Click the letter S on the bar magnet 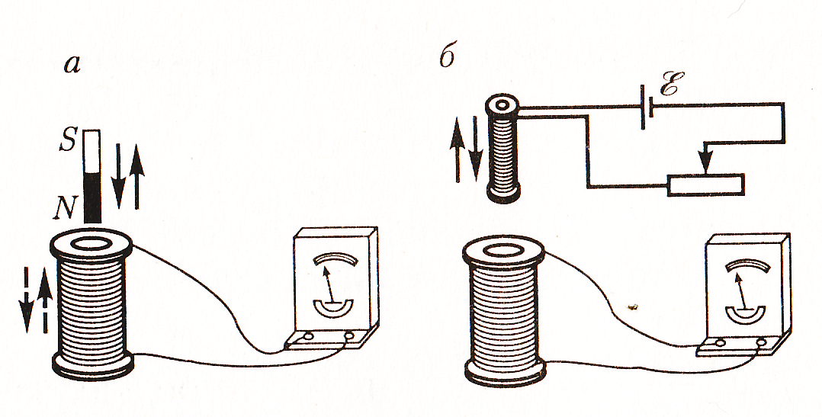pyautogui.click(x=69, y=140)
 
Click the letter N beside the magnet pyautogui.click(x=66, y=209)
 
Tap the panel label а pyautogui.click(x=72, y=65)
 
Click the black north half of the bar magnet pyautogui.click(x=92, y=197)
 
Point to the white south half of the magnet pyautogui.click(x=92, y=152)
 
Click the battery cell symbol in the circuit pyautogui.click(x=647, y=107)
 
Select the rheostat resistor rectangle pyautogui.click(x=705, y=185)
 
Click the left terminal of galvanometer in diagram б pyautogui.click(x=721, y=343)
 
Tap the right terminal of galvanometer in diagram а pyautogui.click(x=348, y=335)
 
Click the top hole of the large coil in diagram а pyautogui.click(x=90, y=244)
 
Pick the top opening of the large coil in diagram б pyautogui.click(x=503, y=251)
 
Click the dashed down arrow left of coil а pyautogui.click(x=25, y=299)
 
